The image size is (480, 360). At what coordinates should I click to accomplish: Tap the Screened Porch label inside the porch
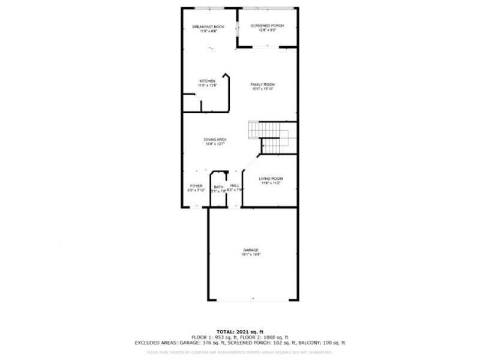[x=267, y=26]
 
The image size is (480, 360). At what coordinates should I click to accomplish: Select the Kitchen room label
[x=207, y=81]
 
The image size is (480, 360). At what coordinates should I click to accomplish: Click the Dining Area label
[x=214, y=139]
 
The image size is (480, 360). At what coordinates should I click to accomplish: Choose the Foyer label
[x=196, y=186]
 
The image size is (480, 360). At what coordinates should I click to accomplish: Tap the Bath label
[x=218, y=187]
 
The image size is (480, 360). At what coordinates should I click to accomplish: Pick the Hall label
[x=235, y=186]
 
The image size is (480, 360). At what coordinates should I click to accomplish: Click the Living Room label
[x=271, y=179]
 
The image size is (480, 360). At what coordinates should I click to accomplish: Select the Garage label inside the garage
[x=251, y=250]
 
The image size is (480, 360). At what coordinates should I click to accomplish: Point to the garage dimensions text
[x=251, y=254]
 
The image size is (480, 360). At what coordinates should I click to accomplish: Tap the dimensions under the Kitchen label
[x=207, y=86]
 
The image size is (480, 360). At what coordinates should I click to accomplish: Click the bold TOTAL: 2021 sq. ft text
[x=239, y=332]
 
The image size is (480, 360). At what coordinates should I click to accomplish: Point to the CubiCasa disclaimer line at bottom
[x=239, y=352]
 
